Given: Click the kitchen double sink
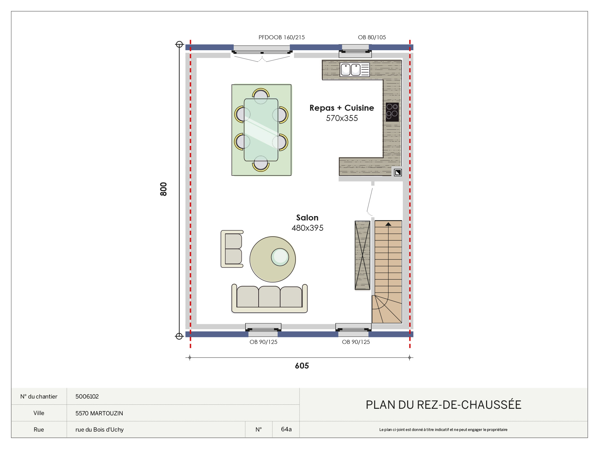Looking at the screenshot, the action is (x=355, y=70).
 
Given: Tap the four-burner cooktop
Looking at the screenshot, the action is (x=392, y=112).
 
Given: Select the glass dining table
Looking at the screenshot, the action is (x=261, y=130).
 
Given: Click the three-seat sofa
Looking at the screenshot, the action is (x=270, y=298).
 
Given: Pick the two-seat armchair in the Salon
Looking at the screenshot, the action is (x=232, y=249).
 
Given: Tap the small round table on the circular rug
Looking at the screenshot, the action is (x=280, y=257).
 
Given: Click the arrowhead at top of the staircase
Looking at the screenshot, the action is (x=388, y=224).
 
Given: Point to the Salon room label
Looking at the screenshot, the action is (x=307, y=218).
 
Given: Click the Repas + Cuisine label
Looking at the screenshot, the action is (x=342, y=108).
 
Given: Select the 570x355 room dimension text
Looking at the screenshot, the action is (x=342, y=118).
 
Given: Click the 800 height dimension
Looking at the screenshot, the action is (x=163, y=189).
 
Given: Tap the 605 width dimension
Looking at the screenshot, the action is (x=302, y=366).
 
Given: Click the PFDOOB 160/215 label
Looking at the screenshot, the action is (x=282, y=37).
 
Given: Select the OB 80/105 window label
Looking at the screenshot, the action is (x=372, y=37).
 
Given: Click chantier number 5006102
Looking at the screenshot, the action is (x=87, y=397).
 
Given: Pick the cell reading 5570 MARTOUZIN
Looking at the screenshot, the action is (x=99, y=413).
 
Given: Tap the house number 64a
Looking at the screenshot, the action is (x=286, y=429).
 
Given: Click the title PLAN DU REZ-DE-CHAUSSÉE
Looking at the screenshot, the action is (x=443, y=404).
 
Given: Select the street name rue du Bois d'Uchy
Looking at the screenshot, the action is (x=100, y=430).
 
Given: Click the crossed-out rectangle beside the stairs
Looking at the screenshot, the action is (x=363, y=255).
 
